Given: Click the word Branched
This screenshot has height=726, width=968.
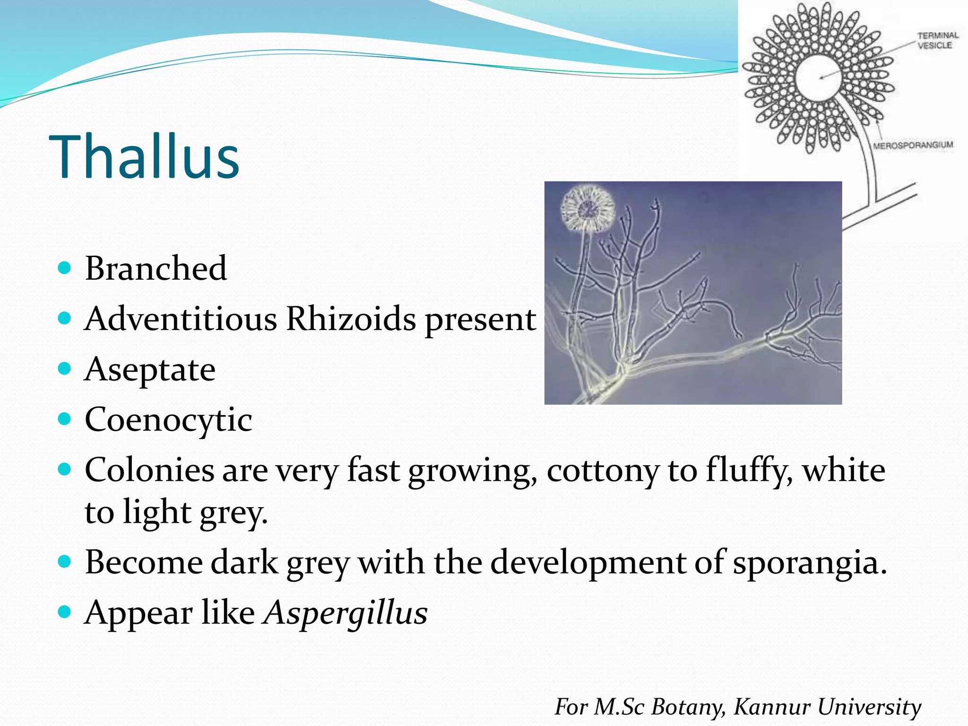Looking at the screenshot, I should click(x=156, y=268).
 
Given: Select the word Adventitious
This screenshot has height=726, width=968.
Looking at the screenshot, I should click(x=181, y=319).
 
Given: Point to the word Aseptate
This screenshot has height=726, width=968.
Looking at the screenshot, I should click(x=150, y=370).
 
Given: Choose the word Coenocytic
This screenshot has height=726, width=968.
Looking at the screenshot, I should click(x=168, y=420).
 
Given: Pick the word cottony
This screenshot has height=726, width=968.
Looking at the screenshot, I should click(x=602, y=471).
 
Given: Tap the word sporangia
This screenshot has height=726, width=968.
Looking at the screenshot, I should click(x=810, y=563).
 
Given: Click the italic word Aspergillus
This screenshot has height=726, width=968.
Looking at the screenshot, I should click(x=346, y=613).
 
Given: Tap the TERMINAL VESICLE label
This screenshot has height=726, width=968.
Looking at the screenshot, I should click(x=937, y=40).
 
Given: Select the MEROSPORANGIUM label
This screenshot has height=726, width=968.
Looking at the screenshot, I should click(x=913, y=145).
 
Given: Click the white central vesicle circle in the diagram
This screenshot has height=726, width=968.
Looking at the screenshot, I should click(x=819, y=78).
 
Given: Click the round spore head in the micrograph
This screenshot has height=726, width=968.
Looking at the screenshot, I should click(x=588, y=208).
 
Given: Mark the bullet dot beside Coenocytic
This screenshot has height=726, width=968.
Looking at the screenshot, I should click(x=64, y=419).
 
